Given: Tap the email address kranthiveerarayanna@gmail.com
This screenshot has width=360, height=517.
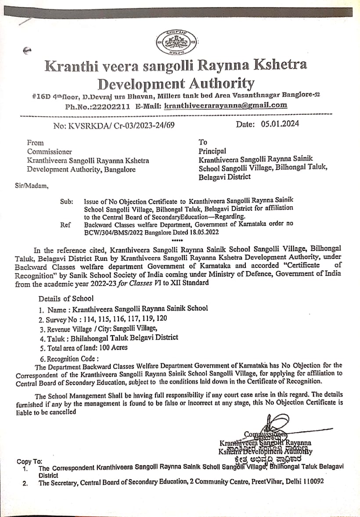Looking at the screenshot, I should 226,105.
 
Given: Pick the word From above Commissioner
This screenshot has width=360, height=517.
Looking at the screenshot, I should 35,143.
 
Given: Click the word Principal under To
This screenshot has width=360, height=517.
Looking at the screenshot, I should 212,151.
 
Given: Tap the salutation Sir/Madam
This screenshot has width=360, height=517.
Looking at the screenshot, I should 32,185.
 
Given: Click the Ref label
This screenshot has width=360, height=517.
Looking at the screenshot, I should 65,225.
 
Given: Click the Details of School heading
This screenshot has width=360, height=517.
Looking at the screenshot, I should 66,298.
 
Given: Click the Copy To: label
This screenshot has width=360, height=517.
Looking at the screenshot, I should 29,461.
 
